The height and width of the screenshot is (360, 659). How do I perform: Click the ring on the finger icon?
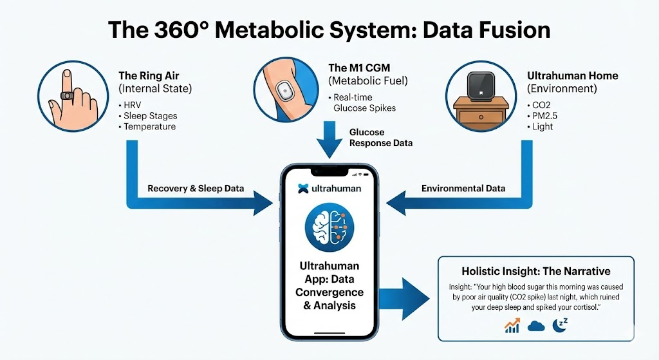(66, 95)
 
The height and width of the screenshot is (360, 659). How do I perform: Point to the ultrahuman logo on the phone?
(330, 189)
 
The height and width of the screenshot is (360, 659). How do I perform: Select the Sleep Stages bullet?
(151, 116)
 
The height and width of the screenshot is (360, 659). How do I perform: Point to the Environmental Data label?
(463, 189)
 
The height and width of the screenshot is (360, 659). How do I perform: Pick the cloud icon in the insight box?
(536, 325)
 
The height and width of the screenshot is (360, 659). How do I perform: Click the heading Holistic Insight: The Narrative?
(535, 271)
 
